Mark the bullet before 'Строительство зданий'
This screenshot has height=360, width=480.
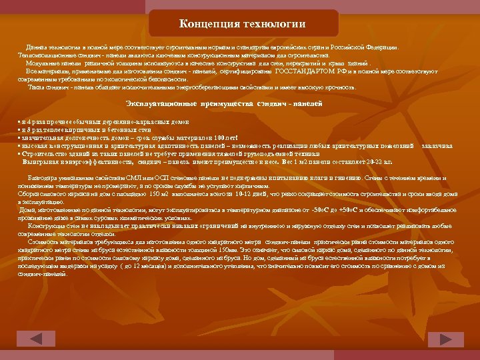click(20, 153)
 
